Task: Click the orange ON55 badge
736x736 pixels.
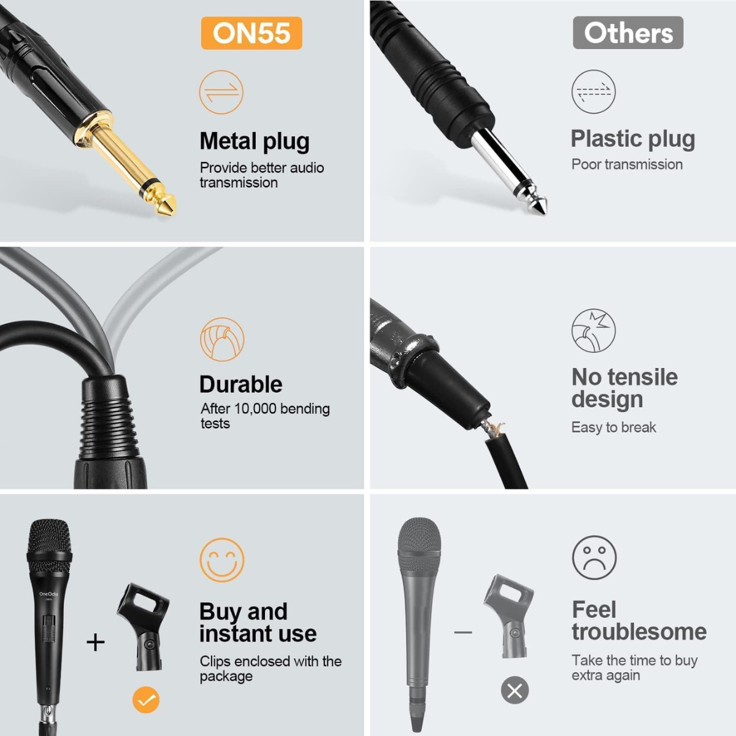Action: click(251, 33)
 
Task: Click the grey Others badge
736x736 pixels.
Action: click(628, 33)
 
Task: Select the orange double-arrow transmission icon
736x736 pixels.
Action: click(221, 93)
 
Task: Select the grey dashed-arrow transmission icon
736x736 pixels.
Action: click(593, 92)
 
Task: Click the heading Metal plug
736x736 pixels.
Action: click(255, 141)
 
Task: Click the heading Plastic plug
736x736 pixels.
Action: click(632, 139)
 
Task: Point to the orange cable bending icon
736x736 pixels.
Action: click(222, 339)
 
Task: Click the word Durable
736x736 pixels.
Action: click(241, 385)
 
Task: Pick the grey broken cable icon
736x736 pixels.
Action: click(593, 331)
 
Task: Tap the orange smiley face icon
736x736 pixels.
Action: click(222, 560)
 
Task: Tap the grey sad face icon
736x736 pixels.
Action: click(594, 558)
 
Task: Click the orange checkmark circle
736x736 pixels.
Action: click(146, 700)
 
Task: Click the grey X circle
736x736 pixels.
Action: click(515, 691)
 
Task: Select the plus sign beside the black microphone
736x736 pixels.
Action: click(96, 642)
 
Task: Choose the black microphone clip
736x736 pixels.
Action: click(143, 626)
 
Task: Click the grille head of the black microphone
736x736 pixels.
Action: click(49, 540)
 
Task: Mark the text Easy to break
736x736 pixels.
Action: click(613, 427)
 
